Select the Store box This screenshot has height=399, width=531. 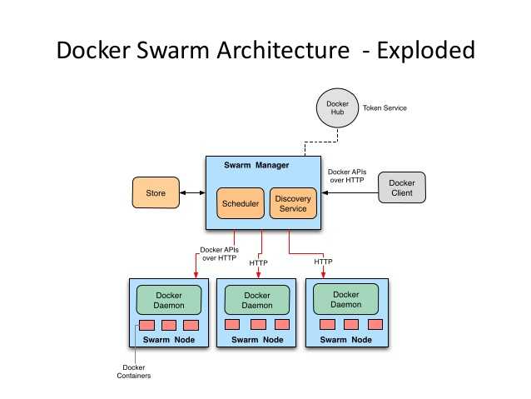click(x=156, y=193)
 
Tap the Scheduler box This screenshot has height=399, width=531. click(x=240, y=203)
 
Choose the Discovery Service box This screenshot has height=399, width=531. click(x=293, y=203)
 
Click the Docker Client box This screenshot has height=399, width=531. click(x=402, y=188)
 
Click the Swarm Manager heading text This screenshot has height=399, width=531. click(x=256, y=165)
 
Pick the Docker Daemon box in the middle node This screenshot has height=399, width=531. click(x=257, y=300)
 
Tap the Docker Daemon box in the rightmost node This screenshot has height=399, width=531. click(x=345, y=299)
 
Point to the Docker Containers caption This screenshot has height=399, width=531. click(x=134, y=372)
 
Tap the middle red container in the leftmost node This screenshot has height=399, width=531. click(x=169, y=325)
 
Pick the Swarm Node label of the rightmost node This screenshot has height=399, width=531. click(x=345, y=339)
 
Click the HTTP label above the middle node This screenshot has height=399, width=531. click(x=259, y=262)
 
